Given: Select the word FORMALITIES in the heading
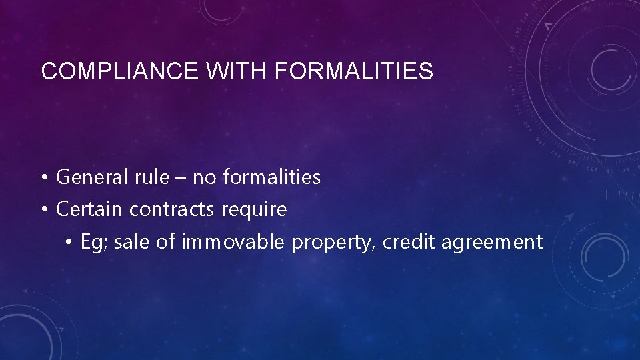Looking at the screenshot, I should pos(353,71).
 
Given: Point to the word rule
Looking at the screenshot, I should pos(157,177).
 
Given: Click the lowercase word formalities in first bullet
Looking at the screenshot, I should pos(272,177).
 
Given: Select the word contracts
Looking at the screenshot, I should pos(172,210).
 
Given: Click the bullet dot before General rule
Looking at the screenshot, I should pos(43,178).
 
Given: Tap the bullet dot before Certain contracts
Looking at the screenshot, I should pos(43,210).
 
